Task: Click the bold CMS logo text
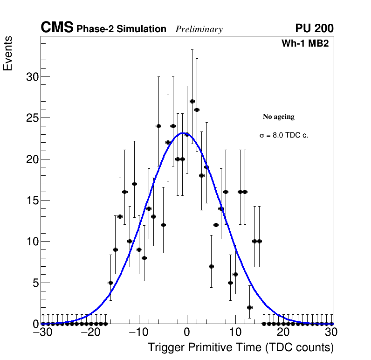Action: point(57,28)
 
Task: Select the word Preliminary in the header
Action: point(199,29)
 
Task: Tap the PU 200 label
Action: point(314,28)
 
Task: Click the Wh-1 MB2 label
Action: point(305,44)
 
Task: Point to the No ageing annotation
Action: point(279,117)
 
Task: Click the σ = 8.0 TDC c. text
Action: point(284,135)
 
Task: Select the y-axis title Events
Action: point(8,54)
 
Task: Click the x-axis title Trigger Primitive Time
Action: point(240,347)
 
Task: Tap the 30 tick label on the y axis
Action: point(32,77)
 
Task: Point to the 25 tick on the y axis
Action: point(32,118)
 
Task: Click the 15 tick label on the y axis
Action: point(32,201)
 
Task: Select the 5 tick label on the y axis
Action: point(35,283)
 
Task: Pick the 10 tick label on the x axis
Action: point(235,333)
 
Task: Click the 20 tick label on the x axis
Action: point(283,333)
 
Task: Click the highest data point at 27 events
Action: point(192,101)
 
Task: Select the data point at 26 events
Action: point(197,110)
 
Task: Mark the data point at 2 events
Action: point(249,307)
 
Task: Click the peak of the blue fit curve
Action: point(184,133)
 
